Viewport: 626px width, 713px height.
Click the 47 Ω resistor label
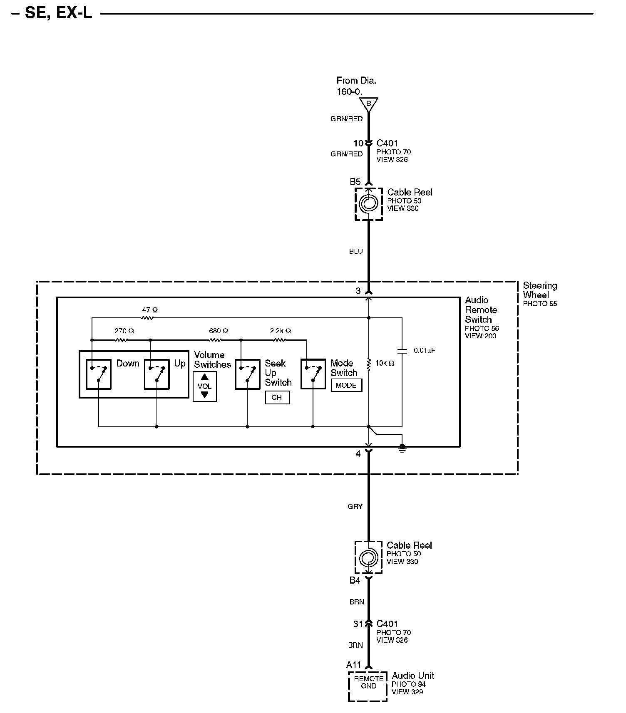click(x=150, y=310)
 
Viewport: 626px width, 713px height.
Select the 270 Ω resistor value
click(x=124, y=331)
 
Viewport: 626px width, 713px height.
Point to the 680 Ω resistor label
click(x=219, y=331)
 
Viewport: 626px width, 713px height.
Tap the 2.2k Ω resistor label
click(x=280, y=331)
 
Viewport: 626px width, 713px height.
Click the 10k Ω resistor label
click(x=385, y=363)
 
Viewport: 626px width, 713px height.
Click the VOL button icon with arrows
click(x=204, y=386)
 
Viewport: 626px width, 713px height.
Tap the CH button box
click(x=277, y=398)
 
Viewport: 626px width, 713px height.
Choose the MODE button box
click(x=346, y=385)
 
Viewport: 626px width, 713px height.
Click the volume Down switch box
click(x=99, y=374)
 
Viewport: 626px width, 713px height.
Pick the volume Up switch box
click(x=156, y=374)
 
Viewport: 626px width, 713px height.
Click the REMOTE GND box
click(x=368, y=686)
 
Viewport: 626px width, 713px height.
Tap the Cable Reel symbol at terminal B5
click(x=369, y=204)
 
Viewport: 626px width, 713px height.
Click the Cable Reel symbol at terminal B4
click(x=368, y=557)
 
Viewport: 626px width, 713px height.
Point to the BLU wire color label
click(x=356, y=251)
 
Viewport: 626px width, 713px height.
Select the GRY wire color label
click(x=355, y=506)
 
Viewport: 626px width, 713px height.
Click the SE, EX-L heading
click(x=58, y=13)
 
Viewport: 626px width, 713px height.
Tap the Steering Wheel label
click(x=540, y=290)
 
